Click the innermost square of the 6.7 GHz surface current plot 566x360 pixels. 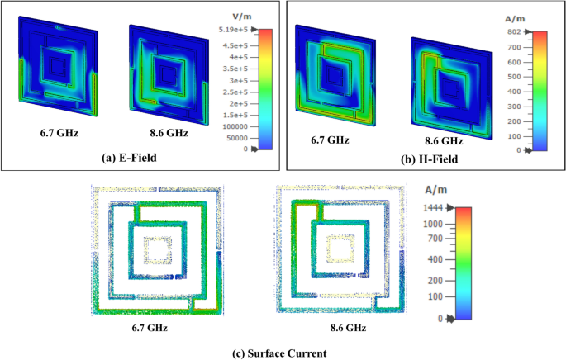tap(157, 249)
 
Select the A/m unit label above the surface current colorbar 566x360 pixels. tap(435, 189)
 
